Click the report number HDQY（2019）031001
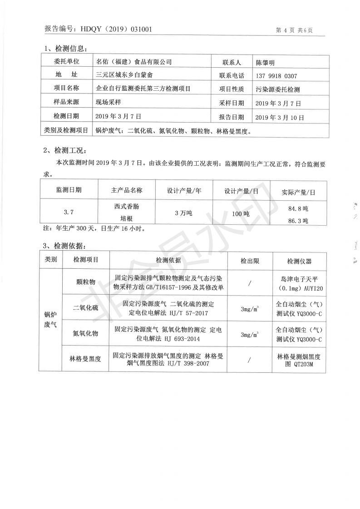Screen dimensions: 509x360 pyautogui.click(x=116, y=30)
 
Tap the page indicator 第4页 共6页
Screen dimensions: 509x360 pyautogui.click(x=294, y=30)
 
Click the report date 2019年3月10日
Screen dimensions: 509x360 pyautogui.click(x=280, y=117)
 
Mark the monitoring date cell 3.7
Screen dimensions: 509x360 pyautogui.click(x=69, y=212)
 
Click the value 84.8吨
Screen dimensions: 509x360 pyautogui.click(x=298, y=209)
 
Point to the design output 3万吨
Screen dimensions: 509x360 pyautogui.click(x=183, y=212)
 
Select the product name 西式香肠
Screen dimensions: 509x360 pyautogui.click(x=127, y=206)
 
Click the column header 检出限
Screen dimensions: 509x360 pyautogui.click(x=250, y=261)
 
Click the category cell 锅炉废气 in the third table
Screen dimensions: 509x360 pyautogui.click(x=51, y=320)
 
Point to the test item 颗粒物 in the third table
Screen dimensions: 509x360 pyautogui.click(x=86, y=282)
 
